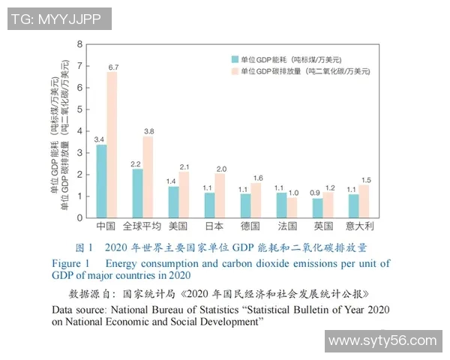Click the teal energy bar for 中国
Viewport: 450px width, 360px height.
tap(101, 181)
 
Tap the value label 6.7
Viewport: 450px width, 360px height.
tap(113, 67)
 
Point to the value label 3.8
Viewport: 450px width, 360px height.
tap(148, 131)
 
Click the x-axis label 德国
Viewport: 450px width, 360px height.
tap(250, 226)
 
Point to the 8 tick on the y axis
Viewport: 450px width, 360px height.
tap(79, 44)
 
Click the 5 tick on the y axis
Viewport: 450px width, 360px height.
tap(79, 109)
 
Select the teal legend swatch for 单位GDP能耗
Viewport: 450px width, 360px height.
tap(235, 58)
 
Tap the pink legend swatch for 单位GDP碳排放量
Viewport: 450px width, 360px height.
tap(235, 71)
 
